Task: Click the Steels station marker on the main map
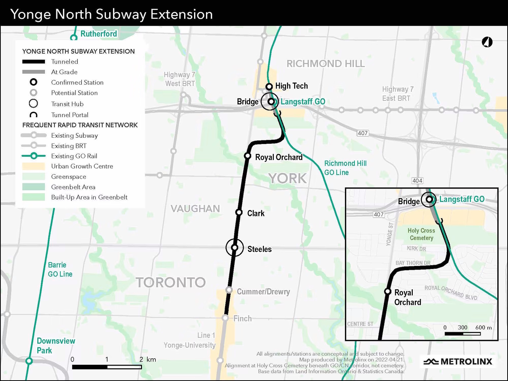click(235, 248)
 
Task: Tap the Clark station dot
click(239, 212)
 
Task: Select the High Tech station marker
click(269, 87)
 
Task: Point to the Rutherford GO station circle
click(73, 38)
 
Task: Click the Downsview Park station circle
click(29, 361)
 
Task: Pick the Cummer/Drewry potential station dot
click(229, 290)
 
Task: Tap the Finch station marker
click(225, 318)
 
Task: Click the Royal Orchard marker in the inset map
click(388, 291)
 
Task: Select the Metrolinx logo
click(458, 362)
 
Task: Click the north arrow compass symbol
click(487, 42)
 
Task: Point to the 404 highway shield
click(417, 181)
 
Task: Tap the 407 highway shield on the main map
click(363, 133)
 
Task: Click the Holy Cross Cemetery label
click(421, 234)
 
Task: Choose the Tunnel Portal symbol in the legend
click(34, 115)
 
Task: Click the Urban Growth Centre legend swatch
click(33, 166)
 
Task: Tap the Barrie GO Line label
click(60, 269)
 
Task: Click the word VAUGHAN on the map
click(195, 209)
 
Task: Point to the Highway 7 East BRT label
click(398, 94)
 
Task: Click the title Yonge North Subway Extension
click(112, 14)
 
